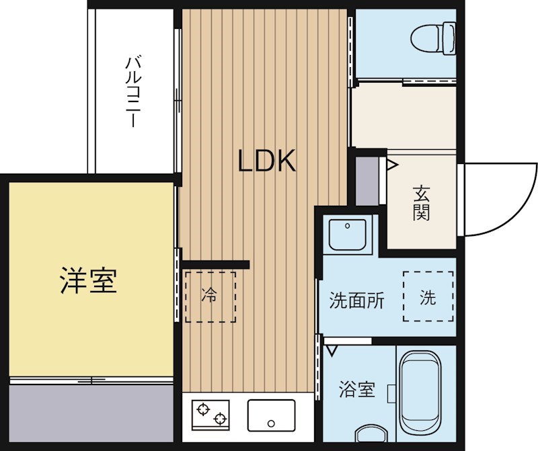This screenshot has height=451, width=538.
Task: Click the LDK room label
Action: click(268, 161)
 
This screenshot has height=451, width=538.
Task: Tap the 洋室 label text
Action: click(89, 280)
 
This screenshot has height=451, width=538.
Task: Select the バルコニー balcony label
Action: click(132, 92)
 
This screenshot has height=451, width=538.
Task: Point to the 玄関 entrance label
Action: click(422, 203)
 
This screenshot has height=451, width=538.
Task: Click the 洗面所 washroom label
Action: click(357, 300)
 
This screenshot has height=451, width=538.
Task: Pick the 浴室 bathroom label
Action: click(357, 389)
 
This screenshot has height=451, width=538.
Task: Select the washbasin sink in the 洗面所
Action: click(347, 235)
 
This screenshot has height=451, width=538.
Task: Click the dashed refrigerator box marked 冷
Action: click(210, 296)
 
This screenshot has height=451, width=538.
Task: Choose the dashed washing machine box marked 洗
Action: click(428, 296)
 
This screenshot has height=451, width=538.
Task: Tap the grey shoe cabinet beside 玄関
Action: click(367, 180)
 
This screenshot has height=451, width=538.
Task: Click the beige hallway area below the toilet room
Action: click(403, 116)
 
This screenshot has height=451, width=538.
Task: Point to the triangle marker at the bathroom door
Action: click(331, 350)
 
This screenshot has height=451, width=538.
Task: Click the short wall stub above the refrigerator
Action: click(215, 263)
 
